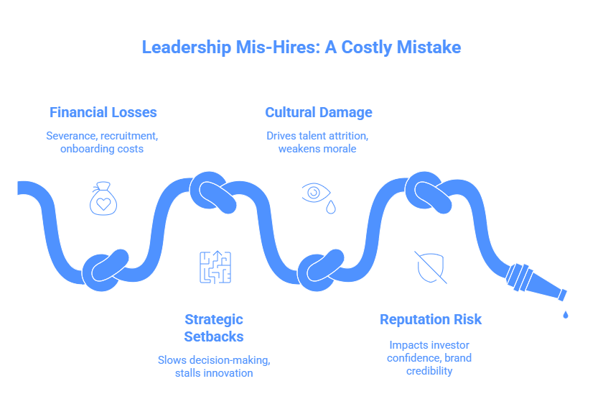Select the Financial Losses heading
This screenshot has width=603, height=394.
103,112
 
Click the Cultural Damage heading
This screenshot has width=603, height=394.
319,112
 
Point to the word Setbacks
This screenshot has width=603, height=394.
214,336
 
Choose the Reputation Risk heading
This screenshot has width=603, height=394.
431,319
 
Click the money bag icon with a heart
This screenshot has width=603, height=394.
103,199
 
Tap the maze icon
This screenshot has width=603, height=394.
215,266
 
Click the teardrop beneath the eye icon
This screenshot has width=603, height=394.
330,207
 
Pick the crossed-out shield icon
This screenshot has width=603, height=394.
431,267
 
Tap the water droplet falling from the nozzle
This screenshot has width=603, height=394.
566,313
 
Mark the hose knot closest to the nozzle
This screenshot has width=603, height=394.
429,191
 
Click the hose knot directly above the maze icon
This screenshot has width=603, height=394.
212,193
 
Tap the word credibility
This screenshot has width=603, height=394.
431,370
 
